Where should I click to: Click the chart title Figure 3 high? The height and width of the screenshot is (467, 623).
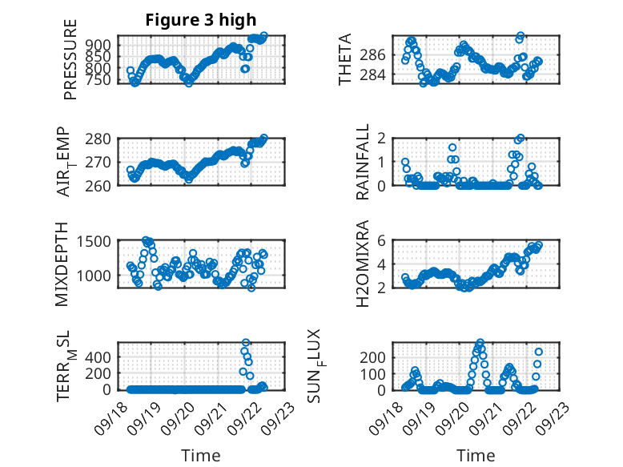(x=201, y=20)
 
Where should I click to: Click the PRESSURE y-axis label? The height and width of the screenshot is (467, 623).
(x=70, y=65)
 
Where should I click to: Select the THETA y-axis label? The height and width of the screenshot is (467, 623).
(x=345, y=60)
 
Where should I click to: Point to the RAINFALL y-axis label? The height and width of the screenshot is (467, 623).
(x=363, y=162)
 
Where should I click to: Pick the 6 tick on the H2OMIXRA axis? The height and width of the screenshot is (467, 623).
(x=383, y=241)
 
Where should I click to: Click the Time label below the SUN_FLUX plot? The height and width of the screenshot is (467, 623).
(x=476, y=456)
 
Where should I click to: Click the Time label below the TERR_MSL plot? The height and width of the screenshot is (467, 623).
(x=201, y=456)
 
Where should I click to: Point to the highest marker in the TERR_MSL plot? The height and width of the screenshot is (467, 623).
(x=246, y=343)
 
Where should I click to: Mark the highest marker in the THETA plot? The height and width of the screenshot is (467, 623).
(x=521, y=37)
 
